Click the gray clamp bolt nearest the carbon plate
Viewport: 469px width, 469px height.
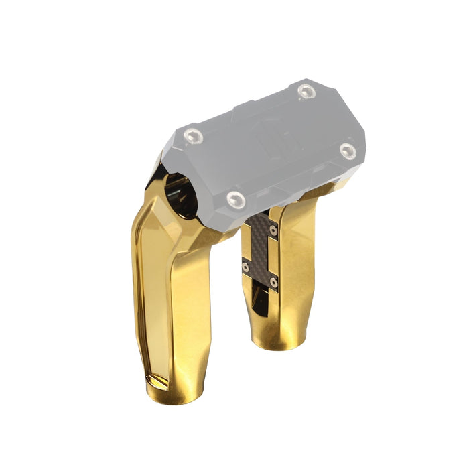[235, 198]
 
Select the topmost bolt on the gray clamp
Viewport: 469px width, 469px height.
[306, 92]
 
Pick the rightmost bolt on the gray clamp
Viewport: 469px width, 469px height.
[347, 150]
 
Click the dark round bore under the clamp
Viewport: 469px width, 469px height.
[181, 194]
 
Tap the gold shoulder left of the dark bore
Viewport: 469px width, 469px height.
[154, 194]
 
